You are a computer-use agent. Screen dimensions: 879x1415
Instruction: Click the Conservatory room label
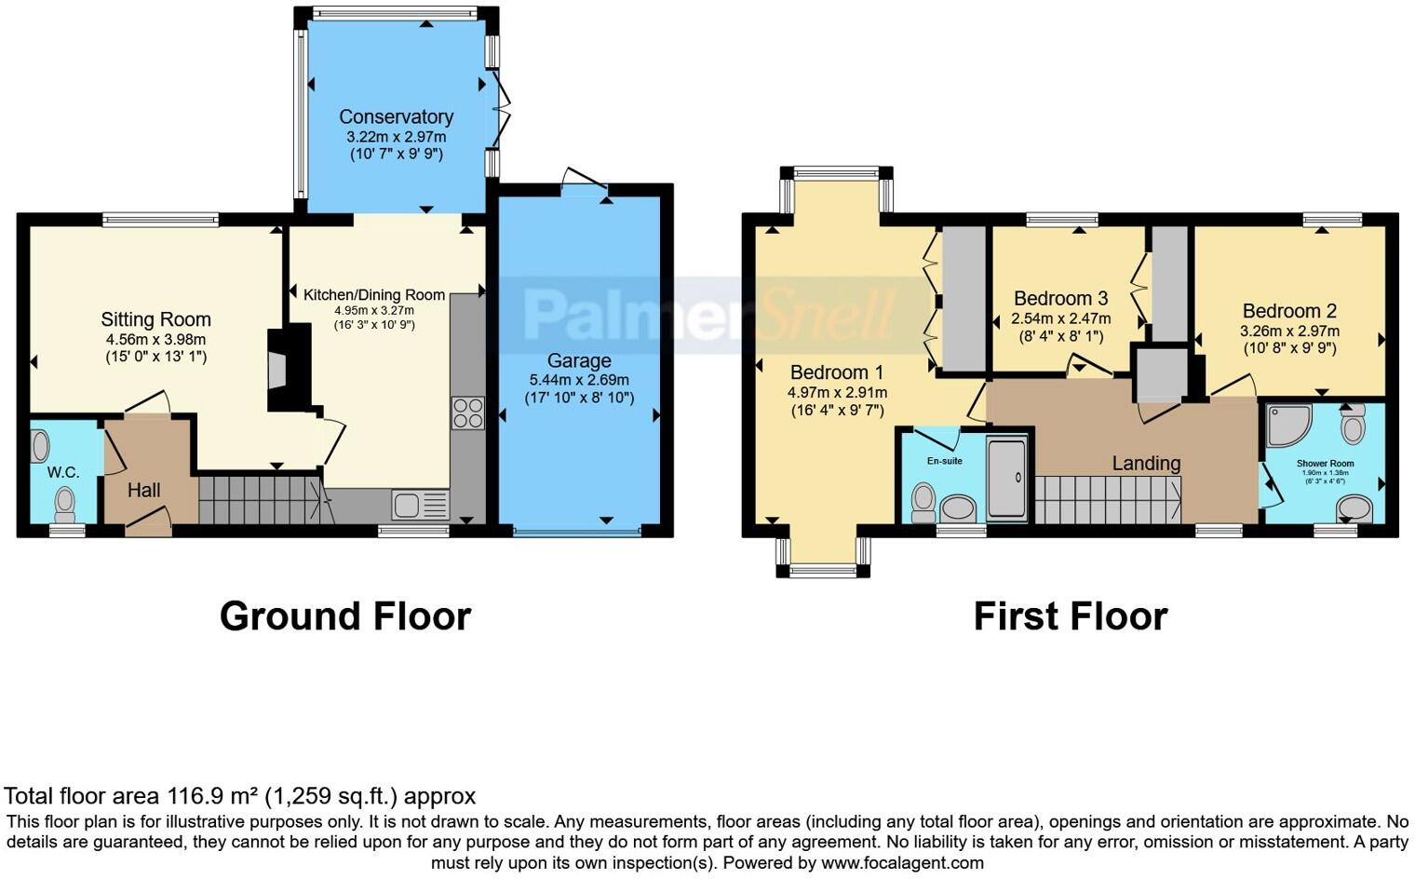click(x=396, y=117)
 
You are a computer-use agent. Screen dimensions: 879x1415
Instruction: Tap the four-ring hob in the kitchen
click(x=467, y=412)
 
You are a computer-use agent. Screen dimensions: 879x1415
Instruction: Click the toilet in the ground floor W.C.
click(x=64, y=505)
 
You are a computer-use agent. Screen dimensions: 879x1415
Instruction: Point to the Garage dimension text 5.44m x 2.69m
click(x=579, y=380)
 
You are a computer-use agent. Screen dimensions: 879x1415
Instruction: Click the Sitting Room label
click(x=155, y=320)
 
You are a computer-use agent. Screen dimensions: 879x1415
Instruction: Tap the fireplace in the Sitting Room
click(x=278, y=368)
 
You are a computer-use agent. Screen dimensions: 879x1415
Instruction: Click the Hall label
click(x=144, y=491)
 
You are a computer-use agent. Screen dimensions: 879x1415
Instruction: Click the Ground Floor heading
click(x=345, y=616)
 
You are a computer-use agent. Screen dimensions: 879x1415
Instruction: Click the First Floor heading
click(x=1070, y=616)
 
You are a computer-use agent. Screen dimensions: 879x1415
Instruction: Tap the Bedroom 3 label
click(x=1060, y=299)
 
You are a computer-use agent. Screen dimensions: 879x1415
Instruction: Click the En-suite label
click(x=944, y=461)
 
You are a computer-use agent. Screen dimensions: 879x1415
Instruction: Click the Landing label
click(x=1146, y=463)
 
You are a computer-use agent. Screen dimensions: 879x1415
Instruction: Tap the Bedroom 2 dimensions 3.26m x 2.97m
click(x=1289, y=331)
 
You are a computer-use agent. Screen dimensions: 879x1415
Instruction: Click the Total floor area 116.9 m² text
click(x=239, y=796)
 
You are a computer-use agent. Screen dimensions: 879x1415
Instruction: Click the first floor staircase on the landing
click(x=1108, y=500)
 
